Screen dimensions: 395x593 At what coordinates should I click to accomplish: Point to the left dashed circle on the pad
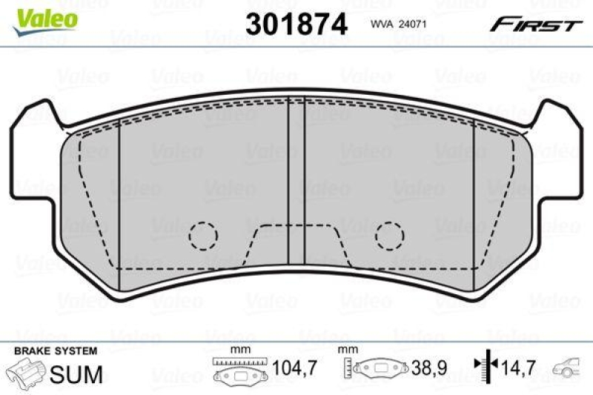click(202, 235)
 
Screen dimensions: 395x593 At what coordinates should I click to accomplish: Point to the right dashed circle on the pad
click(389, 235)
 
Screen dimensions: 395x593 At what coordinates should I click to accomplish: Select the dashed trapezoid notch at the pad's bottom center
click(296, 245)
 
